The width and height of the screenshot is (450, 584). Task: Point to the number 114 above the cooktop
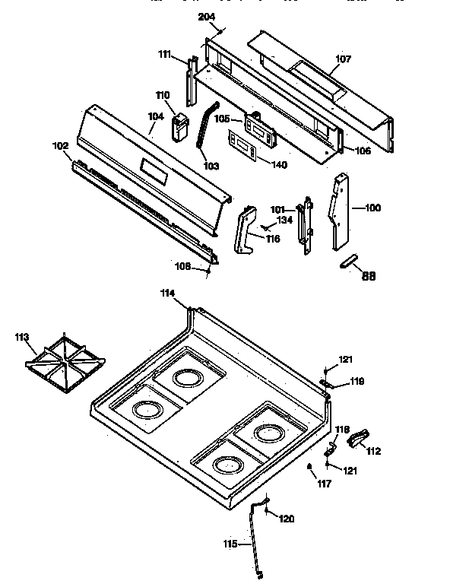[167, 294]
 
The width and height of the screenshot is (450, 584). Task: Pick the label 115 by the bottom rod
[230, 544]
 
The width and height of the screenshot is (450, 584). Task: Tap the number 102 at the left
[59, 146]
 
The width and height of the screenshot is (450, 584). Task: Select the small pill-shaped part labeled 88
[347, 262]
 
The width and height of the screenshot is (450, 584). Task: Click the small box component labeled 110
[181, 126]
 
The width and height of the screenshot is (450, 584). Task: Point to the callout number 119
[357, 383]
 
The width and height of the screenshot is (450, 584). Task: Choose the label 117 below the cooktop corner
[325, 483]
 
